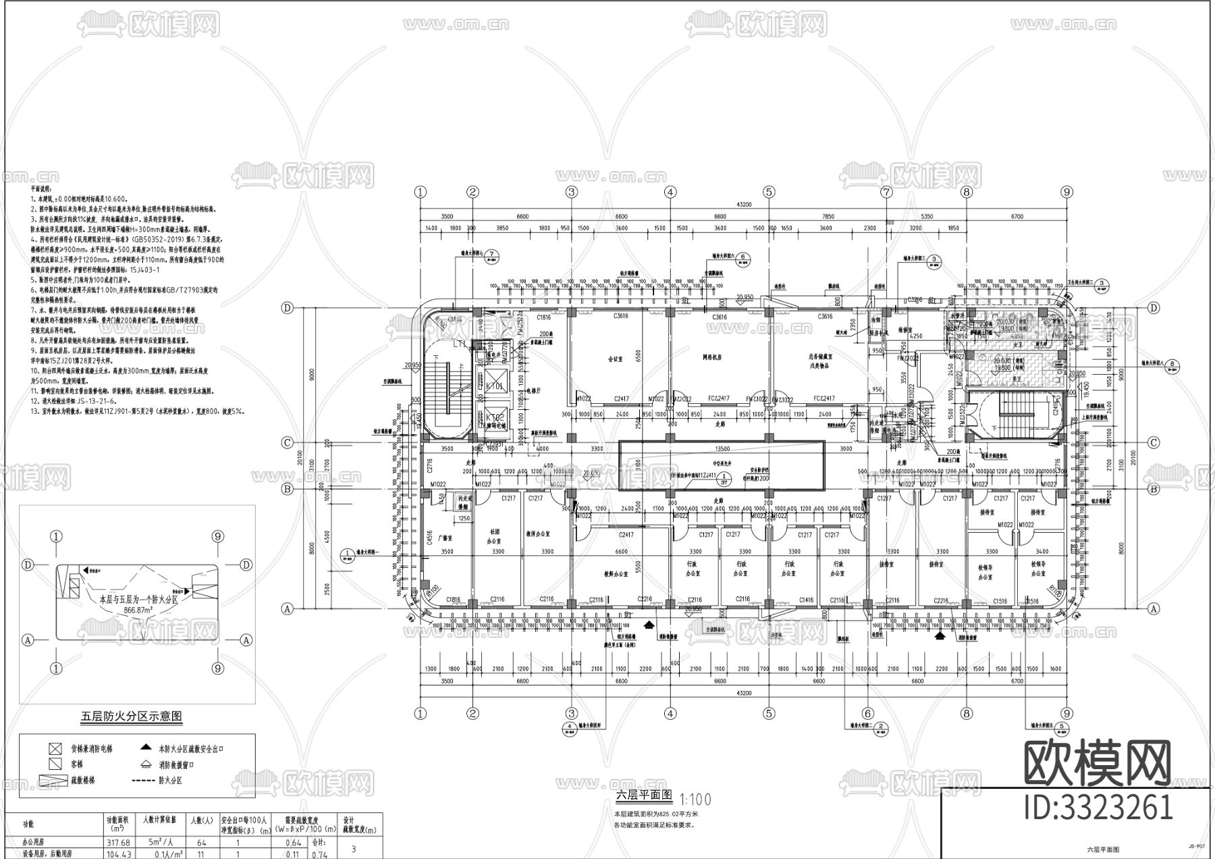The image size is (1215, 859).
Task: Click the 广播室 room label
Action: coord(443,538)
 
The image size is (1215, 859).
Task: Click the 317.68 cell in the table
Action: coord(118,842)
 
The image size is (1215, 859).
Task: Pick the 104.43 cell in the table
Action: coord(118,854)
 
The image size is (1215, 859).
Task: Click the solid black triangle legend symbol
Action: coord(145,748)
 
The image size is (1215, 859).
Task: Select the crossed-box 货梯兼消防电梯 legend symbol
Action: coord(55,749)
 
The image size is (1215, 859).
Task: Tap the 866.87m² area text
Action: coord(138,610)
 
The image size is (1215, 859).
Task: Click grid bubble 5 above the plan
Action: coord(768,192)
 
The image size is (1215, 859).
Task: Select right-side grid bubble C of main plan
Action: coord(1154,443)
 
